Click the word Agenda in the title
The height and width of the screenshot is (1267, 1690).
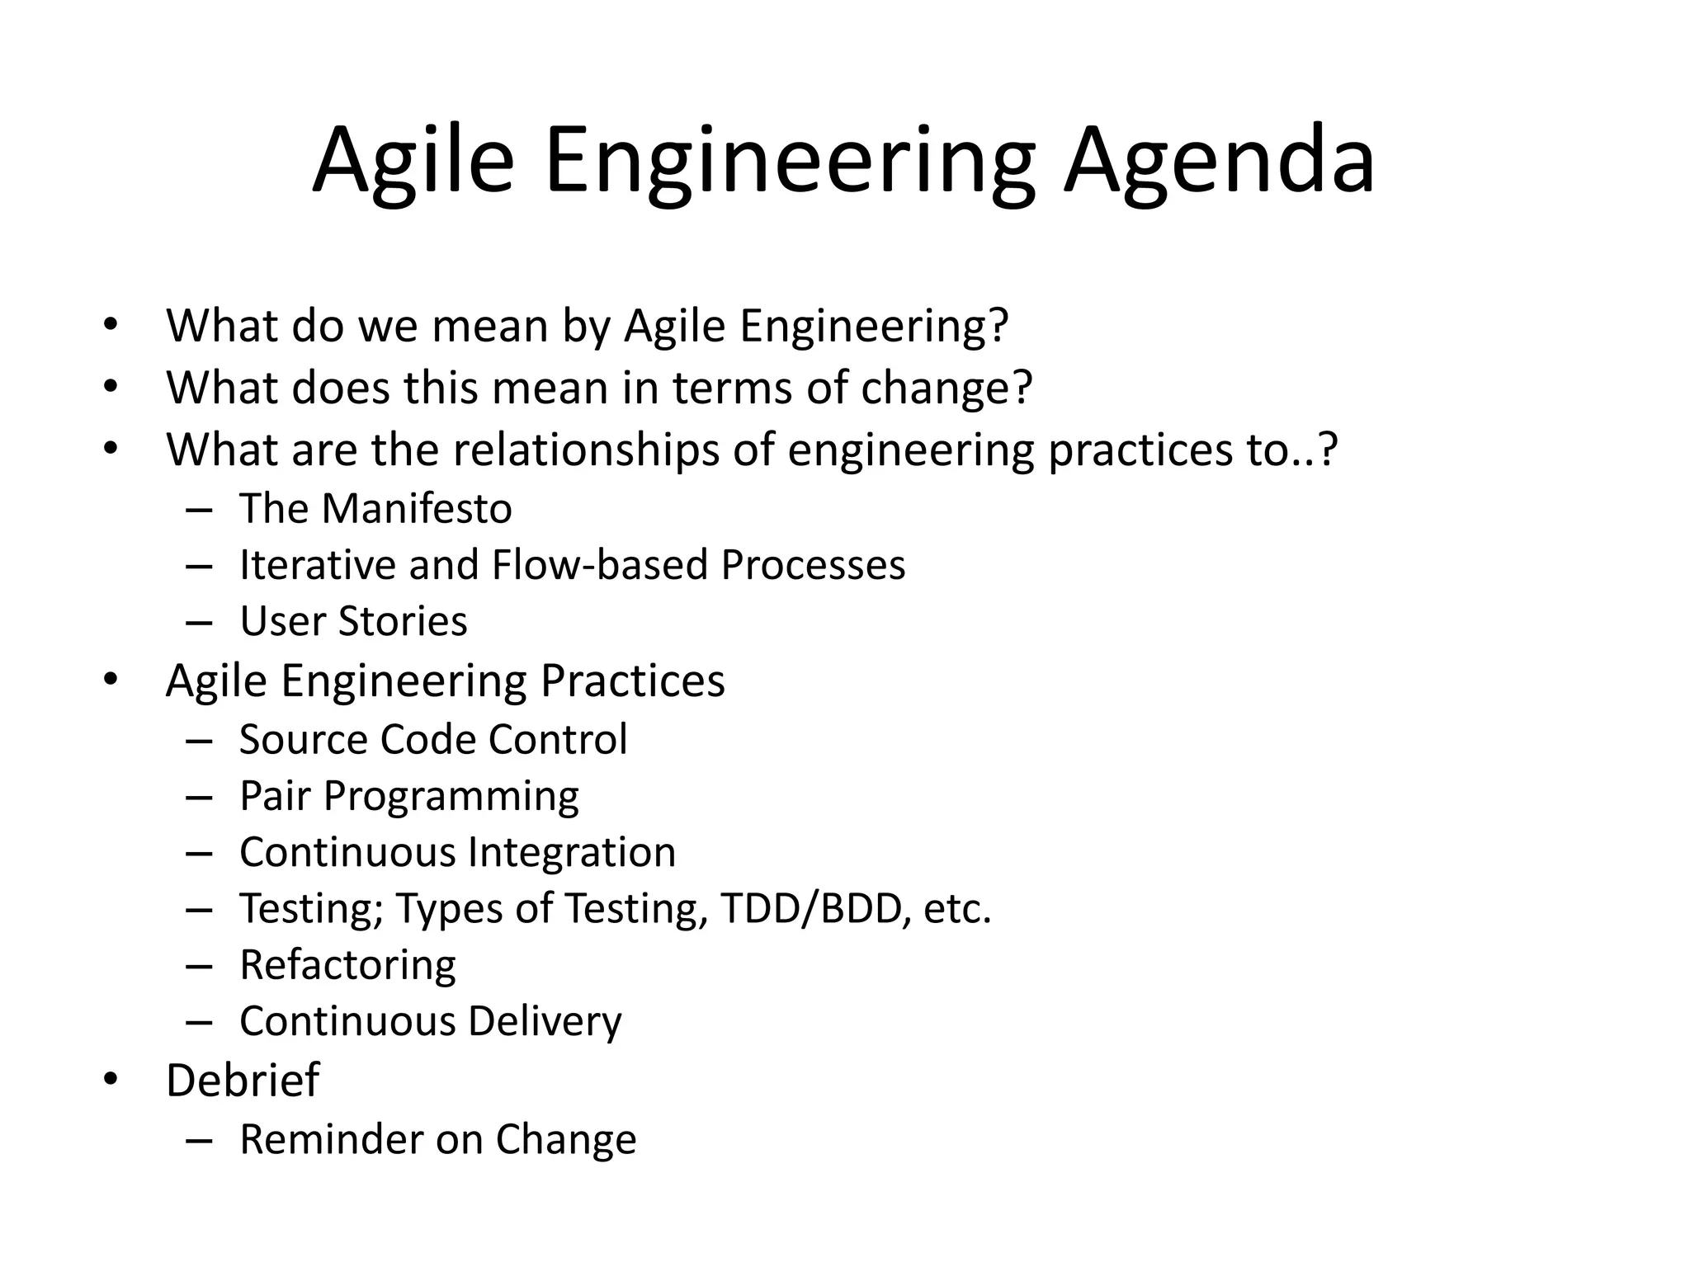1218,161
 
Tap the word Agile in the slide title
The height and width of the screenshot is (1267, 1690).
413,161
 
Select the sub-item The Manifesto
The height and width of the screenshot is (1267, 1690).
375,509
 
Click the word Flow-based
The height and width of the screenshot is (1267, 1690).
600,566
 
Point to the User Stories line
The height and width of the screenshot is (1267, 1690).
353,622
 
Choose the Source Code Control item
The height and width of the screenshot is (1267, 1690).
433,740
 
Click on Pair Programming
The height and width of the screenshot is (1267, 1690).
409,797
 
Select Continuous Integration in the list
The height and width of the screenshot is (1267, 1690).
457,853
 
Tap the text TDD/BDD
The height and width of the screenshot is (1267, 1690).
810,909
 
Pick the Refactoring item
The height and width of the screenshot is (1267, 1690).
347,965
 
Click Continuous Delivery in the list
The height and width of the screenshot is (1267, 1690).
430,1022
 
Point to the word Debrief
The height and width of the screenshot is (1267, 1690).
242,1081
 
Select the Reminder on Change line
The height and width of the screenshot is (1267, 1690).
437,1140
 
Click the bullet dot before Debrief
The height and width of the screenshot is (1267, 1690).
111,1080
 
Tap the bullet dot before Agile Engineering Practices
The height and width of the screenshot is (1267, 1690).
111,681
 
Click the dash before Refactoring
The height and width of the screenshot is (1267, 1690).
199,966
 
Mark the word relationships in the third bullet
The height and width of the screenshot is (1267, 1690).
585,450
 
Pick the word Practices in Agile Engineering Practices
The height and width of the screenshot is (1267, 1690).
632,682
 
